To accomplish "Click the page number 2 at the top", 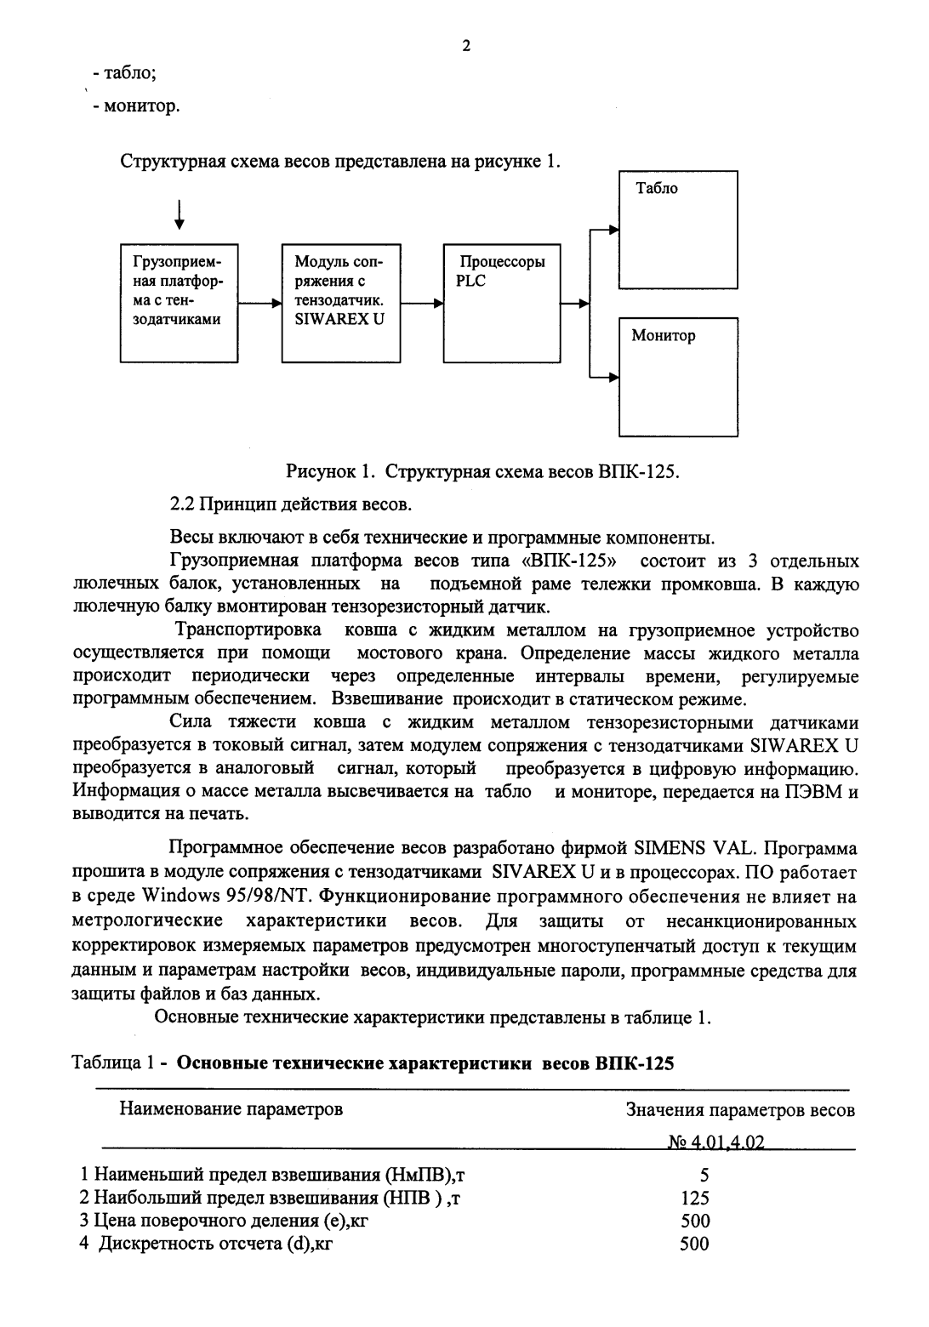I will [465, 46].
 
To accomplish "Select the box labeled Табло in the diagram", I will [677, 230].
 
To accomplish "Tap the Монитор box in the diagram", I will [677, 377].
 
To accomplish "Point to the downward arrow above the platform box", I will [178, 214].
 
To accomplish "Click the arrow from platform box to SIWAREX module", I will [259, 303].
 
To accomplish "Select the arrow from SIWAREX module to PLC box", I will [421, 303].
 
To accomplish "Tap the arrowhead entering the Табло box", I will [613, 228].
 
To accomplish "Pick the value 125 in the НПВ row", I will [695, 1199].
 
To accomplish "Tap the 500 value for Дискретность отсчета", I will [695, 1244].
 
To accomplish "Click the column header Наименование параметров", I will [231, 1109].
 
